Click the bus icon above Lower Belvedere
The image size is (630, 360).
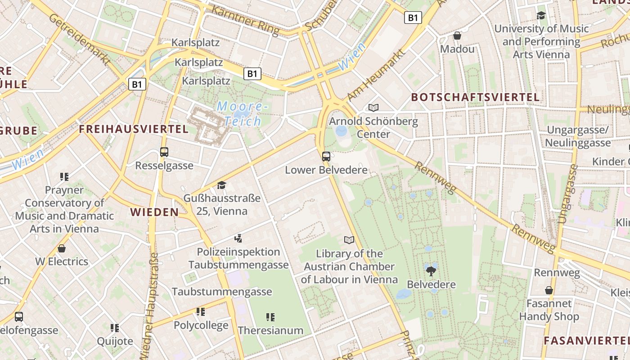coord(326,157)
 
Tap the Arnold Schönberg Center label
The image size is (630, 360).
coord(373,128)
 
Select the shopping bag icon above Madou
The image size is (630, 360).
coord(457,36)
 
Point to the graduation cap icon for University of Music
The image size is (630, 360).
coord(541,16)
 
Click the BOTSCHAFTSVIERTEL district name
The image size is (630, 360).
coord(475,97)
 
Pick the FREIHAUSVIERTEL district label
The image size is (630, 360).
coord(134,129)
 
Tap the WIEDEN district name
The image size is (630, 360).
coord(154,212)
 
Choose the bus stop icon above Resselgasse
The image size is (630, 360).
coord(164,152)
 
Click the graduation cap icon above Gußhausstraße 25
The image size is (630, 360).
coord(221,185)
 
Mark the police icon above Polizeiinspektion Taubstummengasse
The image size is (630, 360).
coord(238,238)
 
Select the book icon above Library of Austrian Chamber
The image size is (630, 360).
coord(349,240)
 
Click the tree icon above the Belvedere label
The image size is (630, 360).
coord(431,271)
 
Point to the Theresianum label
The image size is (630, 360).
coord(270,330)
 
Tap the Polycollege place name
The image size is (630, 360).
coord(201,325)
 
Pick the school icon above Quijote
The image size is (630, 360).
coord(115,328)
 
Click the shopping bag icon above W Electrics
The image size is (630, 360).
coord(62,248)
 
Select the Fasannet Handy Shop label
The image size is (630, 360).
coord(549,310)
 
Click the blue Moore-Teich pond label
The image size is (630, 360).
coord(242,114)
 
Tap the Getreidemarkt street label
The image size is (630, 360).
coord(79,40)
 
